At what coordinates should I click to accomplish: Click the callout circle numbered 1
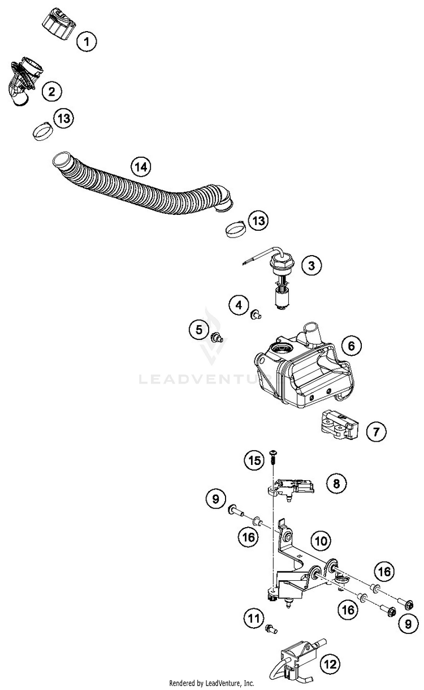click(86, 41)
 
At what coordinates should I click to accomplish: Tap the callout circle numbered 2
click(51, 90)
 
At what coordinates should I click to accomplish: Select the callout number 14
click(141, 167)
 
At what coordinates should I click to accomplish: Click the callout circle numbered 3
click(311, 265)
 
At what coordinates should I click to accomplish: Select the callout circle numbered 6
click(351, 344)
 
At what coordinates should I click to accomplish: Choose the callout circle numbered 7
click(377, 432)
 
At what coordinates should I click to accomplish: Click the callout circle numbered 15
click(255, 460)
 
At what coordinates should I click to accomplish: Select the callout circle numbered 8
click(336, 484)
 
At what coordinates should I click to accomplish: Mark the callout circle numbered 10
click(321, 541)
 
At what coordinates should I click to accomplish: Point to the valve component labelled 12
click(296, 659)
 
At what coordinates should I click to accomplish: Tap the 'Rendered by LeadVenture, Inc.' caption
click(211, 683)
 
